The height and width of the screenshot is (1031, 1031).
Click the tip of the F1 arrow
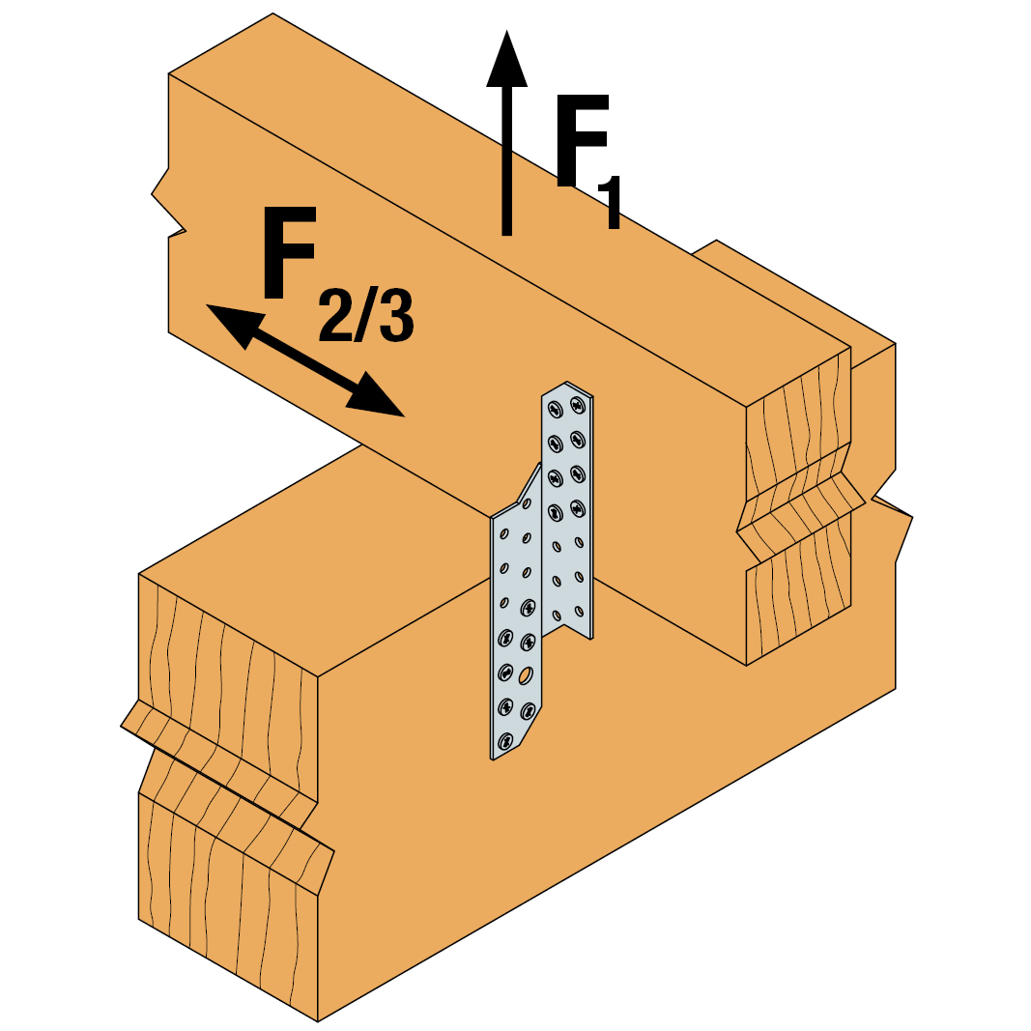(506, 30)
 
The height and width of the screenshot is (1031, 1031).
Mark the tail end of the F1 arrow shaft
(506, 235)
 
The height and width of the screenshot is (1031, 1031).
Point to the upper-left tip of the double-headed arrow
(207, 305)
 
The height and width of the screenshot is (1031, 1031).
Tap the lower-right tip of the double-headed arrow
(404, 416)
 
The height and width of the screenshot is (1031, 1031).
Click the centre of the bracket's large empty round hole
(526, 675)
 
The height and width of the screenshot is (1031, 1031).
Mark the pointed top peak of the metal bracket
(566, 382)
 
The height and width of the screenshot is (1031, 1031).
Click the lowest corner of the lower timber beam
(318, 1021)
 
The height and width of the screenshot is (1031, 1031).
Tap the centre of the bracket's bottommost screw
(505, 742)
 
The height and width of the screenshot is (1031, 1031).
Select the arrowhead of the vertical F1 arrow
(506, 58)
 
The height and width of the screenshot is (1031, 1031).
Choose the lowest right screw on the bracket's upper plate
(577, 507)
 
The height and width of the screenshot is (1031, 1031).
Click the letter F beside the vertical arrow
(582, 140)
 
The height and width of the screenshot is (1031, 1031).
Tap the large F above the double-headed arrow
(289, 252)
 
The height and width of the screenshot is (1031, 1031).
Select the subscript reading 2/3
(366, 316)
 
